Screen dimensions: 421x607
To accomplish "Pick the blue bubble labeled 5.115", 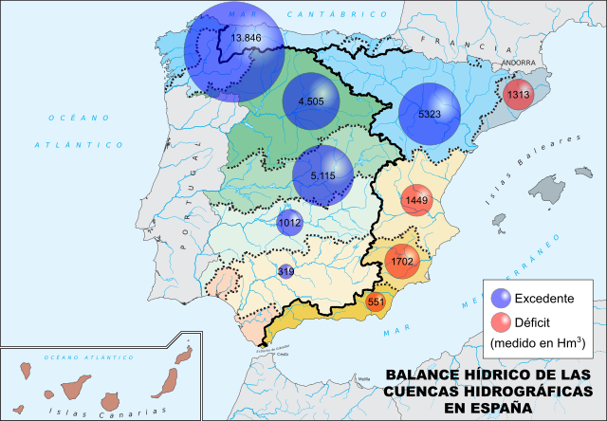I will click(322, 175).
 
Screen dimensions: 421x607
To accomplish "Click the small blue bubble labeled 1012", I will click(289, 223).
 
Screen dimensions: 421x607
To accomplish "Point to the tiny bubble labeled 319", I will click(285, 271).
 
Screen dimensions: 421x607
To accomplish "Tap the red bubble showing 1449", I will click(417, 201).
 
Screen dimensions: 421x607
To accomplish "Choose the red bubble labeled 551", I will click(377, 302).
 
